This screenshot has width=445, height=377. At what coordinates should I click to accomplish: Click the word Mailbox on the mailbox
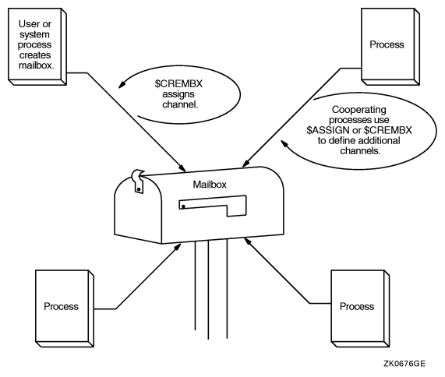[209, 185]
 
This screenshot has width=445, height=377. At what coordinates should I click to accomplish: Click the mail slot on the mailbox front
[212, 206]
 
